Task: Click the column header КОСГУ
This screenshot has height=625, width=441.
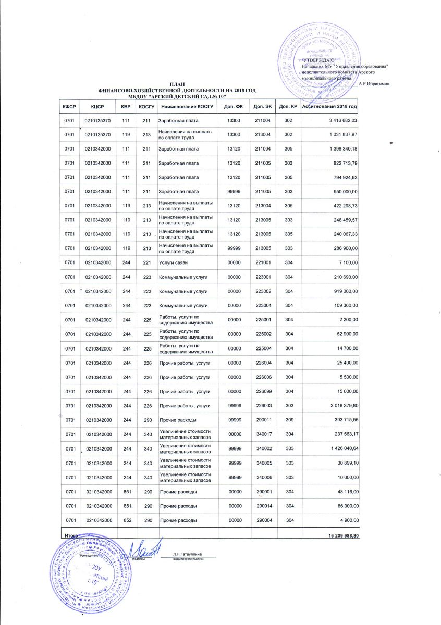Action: click(145, 106)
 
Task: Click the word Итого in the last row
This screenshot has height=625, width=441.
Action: click(71, 535)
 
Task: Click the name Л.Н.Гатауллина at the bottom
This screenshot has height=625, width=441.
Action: click(188, 553)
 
